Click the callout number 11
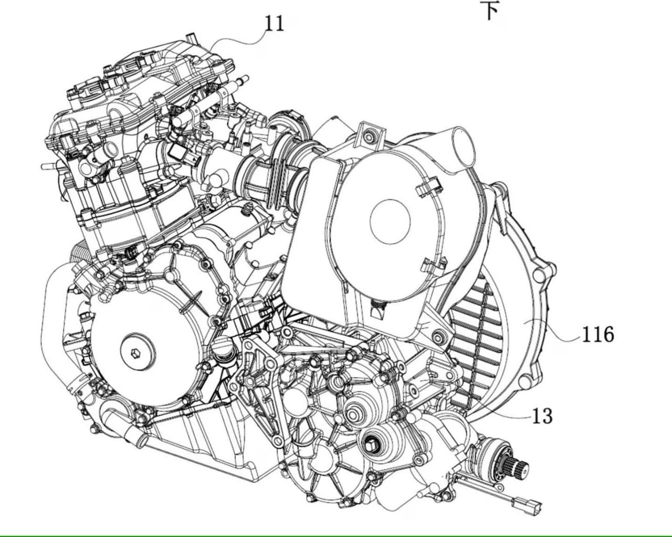(x=275, y=24)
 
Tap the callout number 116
(x=598, y=334)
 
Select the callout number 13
(x=542, y=416)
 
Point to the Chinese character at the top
(x=489, y=10)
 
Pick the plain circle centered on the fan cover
(x=390, y=222)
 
